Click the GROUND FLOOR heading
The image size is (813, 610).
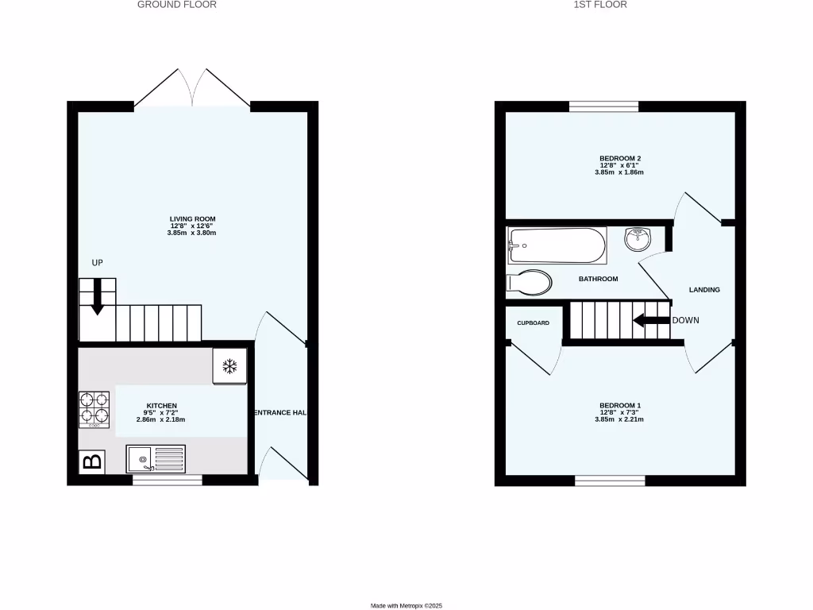pyautogui.click(x=177, y=5)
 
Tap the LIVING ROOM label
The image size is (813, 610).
pyautogui.click(x=192, y=218)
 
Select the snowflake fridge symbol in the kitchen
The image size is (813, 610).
pyautogui.click(x=230, y=366)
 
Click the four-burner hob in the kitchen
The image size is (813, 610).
pyautogui.click(x=94, y=410)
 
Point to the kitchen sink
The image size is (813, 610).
pyautogui.click(x=156, y=459)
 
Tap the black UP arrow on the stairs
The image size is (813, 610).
pyautogui.click(x=97, y=295)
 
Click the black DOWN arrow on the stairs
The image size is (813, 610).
pyautogui.click(x=651, y=321)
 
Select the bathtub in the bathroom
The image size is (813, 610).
pyautogui.click(x=557, y=246)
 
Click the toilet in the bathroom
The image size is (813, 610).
pyautogui.click(x=530, y=283)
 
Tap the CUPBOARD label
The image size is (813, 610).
pyautogui.click(x=533, y=323)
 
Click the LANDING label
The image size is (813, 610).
pyautogui.click(x=704, y=290)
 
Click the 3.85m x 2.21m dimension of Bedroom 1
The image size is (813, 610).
pyautogui.click(x=620, y=419)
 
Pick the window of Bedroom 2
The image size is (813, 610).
pyautogui.click(x=604, y=106)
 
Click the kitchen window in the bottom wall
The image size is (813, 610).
pyautogui.click(x=167, y=480)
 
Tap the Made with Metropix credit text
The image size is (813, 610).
pyautogui.click(x=406, y=606)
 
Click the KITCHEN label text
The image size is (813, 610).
pyautogui.click(x=161, y=405)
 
